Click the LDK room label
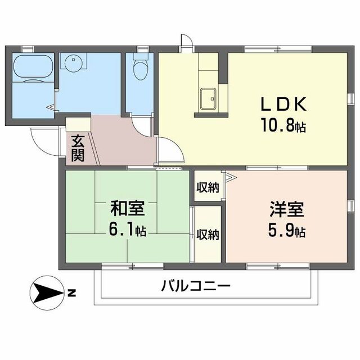pos(283,105)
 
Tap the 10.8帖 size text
pos(283,125)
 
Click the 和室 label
pos(127,209)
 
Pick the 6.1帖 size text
pos(127,229)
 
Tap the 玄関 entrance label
pos(78,147)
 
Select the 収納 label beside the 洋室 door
pos(207,188)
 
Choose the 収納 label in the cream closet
pos(208,235)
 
